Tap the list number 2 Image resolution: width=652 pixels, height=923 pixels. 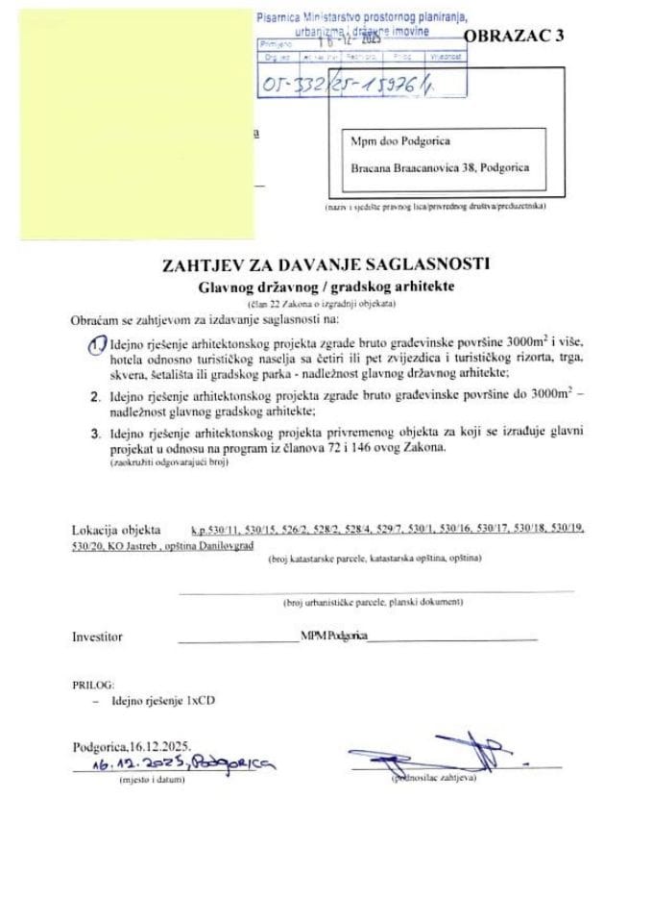[x=94, y=396]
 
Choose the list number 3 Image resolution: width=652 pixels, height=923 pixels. [x=94, y=433]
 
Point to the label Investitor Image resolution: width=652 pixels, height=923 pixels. [x=98, y=636]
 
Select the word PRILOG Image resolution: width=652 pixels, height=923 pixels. [x=93, y=684]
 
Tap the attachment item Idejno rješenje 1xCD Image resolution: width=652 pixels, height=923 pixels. [x=162, y=703]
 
